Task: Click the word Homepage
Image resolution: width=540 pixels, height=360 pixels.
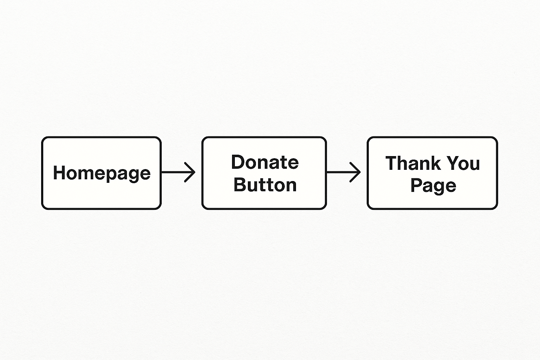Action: tap(102, 173)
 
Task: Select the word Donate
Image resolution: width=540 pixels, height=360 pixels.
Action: tap(265, 162)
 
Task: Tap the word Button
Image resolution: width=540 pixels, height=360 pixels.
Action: tap(265, 185)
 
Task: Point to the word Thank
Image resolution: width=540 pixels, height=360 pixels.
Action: tap(415, 163)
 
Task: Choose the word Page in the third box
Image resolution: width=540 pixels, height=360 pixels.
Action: tap(433, 186)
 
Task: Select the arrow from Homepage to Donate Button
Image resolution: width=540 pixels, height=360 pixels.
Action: tap(178, 172)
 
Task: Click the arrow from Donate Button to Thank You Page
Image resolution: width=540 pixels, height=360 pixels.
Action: tap(343, 172)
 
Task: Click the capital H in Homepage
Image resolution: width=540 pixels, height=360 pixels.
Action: tap(59, 172)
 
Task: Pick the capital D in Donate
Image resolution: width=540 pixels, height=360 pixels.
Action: tap(238, 162)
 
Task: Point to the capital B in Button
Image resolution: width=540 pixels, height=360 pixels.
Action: tap(240, 185)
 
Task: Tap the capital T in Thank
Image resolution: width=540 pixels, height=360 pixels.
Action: tap(392, 163)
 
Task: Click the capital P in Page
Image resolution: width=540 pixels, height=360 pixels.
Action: tap(416, 185)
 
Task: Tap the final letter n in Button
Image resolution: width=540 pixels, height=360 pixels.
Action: tap(291, 187)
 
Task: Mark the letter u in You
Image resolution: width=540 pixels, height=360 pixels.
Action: tap(475, 165)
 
